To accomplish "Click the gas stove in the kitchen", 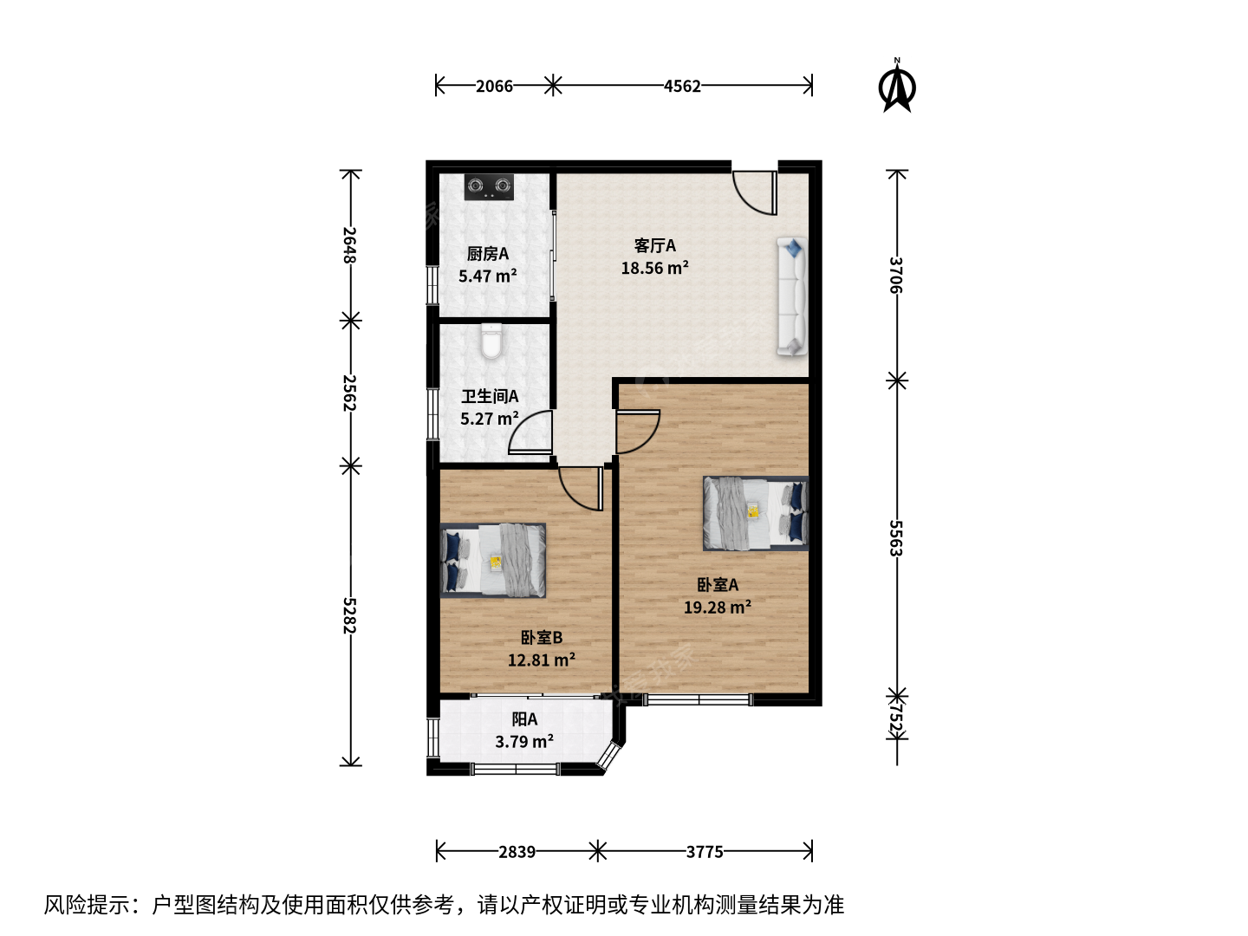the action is [489, 187].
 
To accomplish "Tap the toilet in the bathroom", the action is [491, 341].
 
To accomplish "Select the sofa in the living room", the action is [792, 296].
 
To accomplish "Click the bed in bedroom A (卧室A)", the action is [756, 513].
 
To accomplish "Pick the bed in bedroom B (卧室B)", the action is [493, 561].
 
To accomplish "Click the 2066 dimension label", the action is [494, 86].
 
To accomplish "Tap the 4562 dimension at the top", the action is [682, 86].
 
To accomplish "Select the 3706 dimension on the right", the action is [896, 275].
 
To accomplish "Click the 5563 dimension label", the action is [896, 537].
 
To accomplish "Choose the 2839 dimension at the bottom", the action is [517, 852].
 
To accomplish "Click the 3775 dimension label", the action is [705, 852].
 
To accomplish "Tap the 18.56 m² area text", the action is [655, 268].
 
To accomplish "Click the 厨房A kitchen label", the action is [488, 253].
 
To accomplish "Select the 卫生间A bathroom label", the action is [490, 396].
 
